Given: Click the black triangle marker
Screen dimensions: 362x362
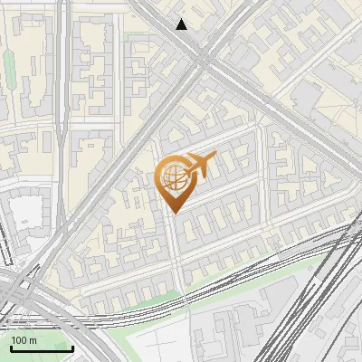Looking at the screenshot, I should [182, 24].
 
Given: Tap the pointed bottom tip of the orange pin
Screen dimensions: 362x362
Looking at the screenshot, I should [173, 213].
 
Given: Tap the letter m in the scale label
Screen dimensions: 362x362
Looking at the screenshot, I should [33, 340].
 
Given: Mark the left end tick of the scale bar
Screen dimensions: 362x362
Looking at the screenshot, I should [11, 347].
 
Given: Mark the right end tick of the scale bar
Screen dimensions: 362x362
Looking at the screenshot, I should [72, 347].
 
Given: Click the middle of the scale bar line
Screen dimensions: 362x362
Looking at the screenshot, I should [42, 348].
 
